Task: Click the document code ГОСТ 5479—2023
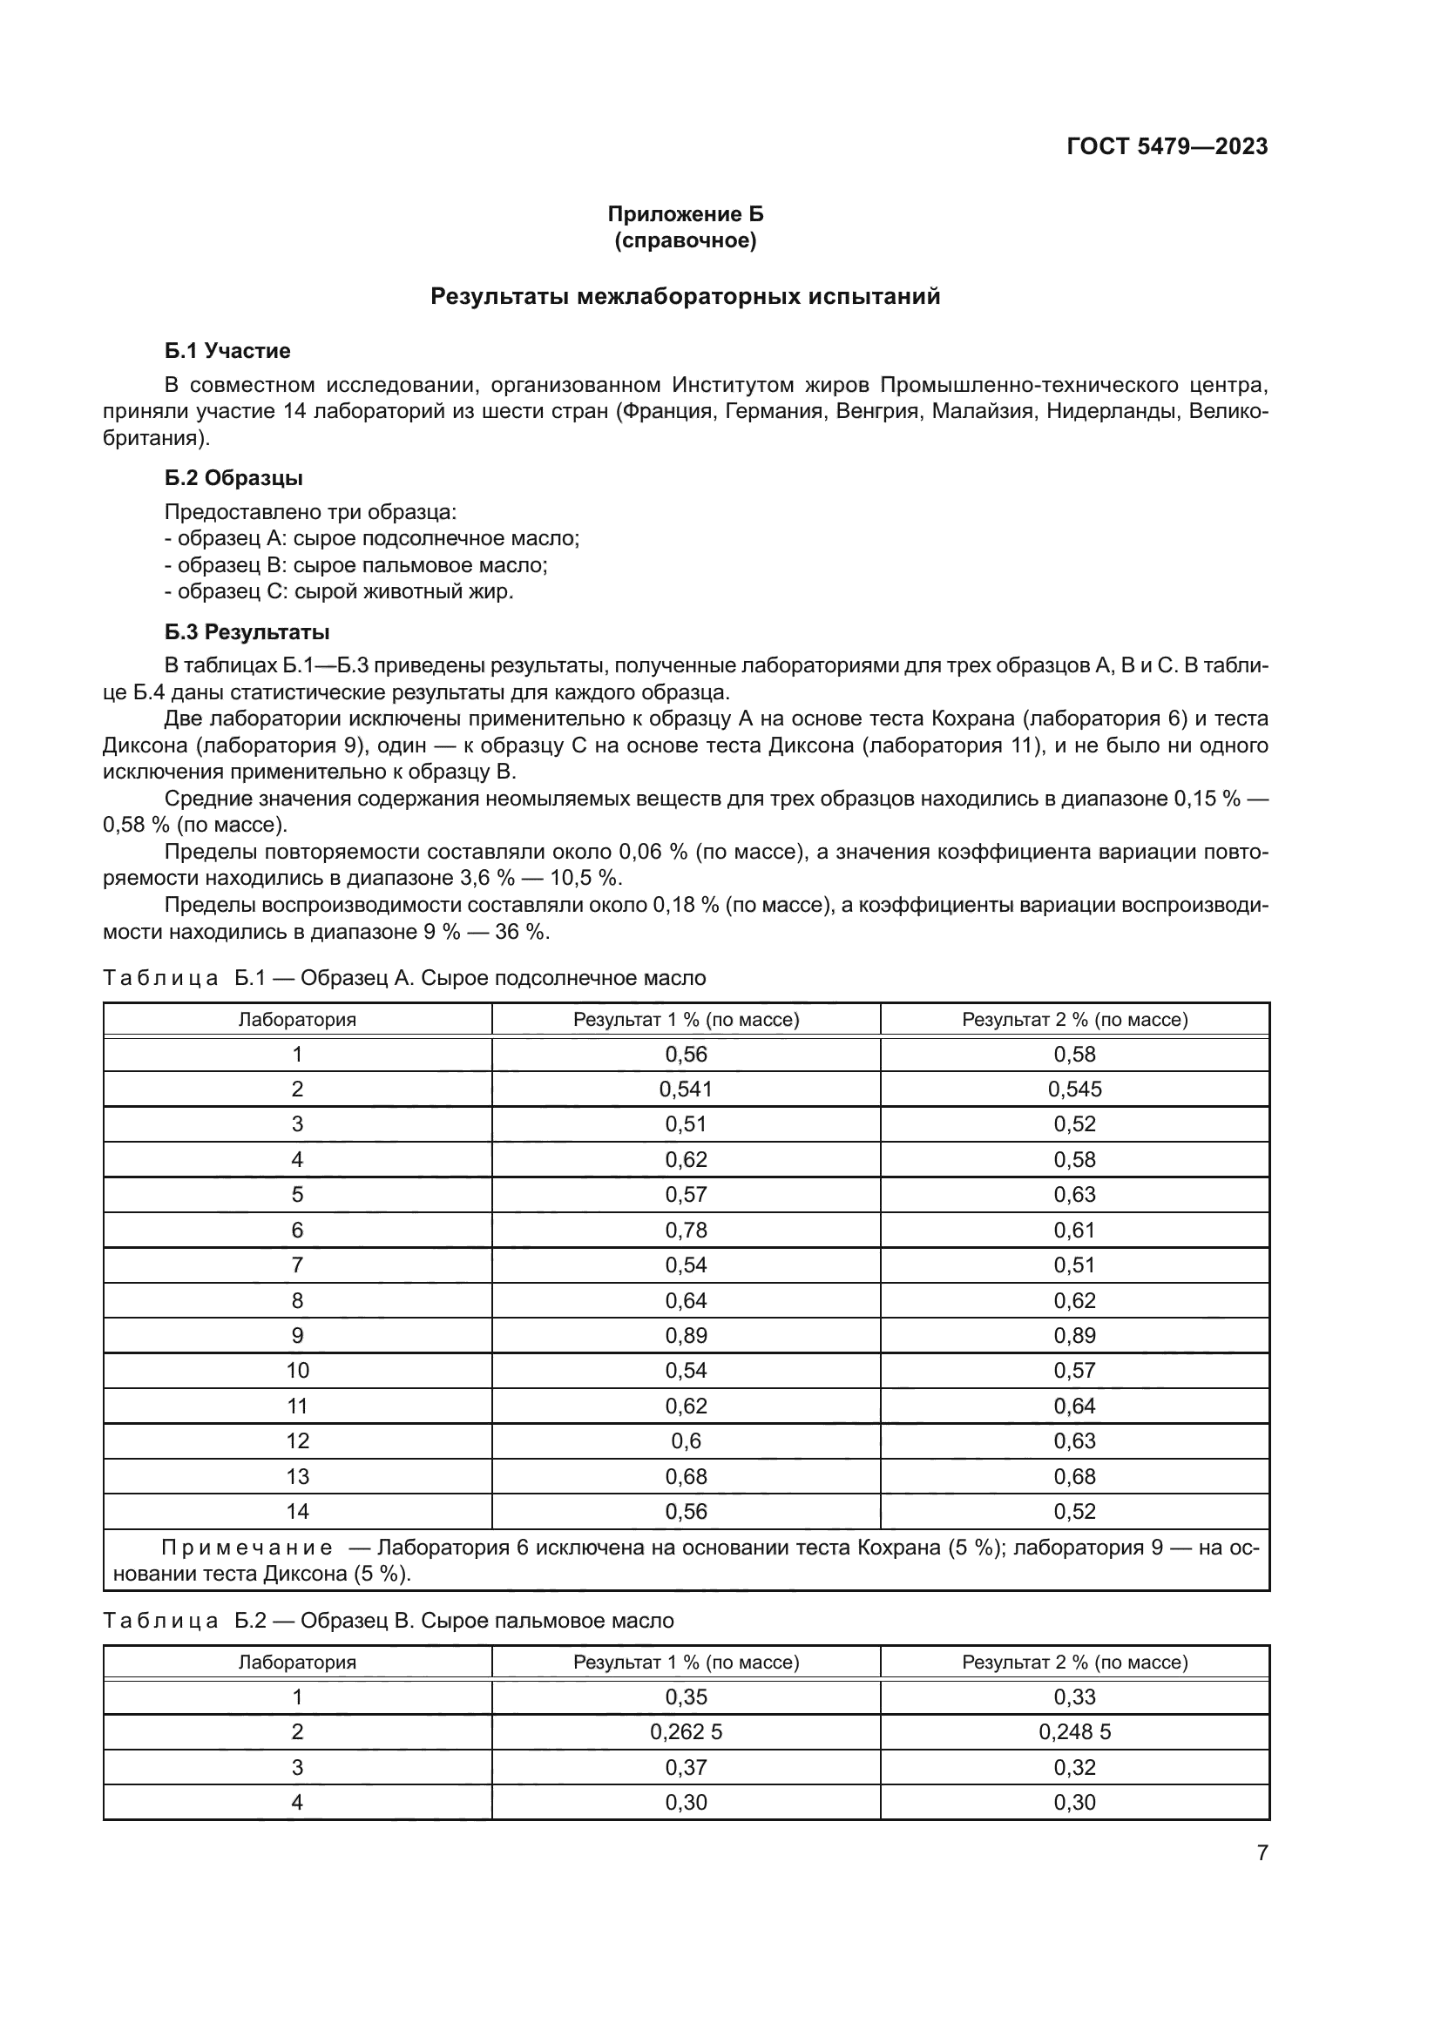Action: point(1167,146)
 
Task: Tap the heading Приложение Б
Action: point(685,214)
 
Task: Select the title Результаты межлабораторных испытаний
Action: point(685,296)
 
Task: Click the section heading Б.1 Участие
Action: point(227,350)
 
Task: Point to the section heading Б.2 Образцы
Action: point(233,477)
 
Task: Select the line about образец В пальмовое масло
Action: point(355,565)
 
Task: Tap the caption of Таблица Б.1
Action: point(404,978)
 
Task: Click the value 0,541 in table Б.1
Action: point(686,1089)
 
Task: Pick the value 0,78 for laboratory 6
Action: point(686,1230)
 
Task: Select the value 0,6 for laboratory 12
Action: point(686,1440)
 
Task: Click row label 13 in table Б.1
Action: point(297,1476)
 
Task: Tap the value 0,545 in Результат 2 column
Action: point(1074,1089)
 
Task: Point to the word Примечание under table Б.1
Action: point(247,1548)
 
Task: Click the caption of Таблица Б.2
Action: point(389,1620)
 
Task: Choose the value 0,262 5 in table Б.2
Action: point(686,1732)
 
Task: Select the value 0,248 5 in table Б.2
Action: point(1074,1732)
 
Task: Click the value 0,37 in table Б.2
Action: point(686,1767)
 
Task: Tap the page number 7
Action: point(1262,1852)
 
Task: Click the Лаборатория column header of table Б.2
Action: point(297,1662)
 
